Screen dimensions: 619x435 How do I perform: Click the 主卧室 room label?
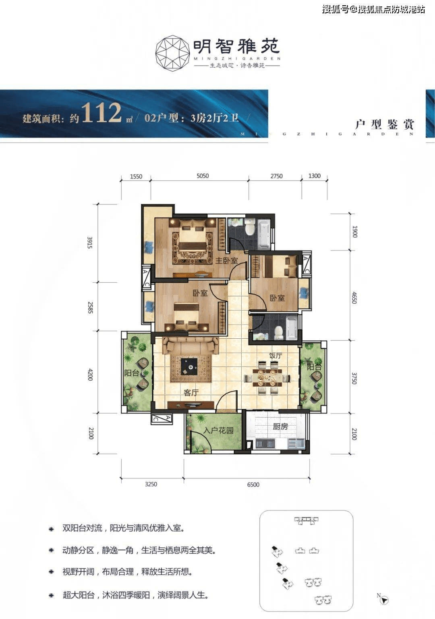tap(226, 261)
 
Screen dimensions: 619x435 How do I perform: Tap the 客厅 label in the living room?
tap(191, 392)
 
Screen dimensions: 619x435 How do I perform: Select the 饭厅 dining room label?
tap(275, 356)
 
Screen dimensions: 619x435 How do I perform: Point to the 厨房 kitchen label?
tap(280, 426)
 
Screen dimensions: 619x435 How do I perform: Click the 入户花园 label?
tap(218, 431)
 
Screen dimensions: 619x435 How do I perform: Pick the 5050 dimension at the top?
tap(203, 176)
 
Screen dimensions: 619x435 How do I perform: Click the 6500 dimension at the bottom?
tap(253, 484)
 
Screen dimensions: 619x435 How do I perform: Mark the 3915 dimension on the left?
tap(90, 242)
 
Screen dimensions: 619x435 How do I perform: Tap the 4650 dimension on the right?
tap(354, 297)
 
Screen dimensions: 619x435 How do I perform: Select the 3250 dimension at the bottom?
tap(151, 484)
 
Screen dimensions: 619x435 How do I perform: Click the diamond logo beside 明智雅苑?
tap(172, 53)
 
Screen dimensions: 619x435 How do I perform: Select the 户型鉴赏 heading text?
tap(384, 124)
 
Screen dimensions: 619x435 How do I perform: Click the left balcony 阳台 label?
tap(132, 373)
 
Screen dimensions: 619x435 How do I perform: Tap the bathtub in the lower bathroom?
tap(292, 327)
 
